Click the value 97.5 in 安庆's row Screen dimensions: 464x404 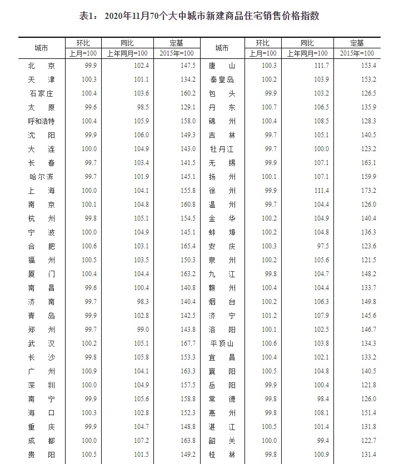point(308,246)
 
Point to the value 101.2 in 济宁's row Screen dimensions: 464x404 point(269,316)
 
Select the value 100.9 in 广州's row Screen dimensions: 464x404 point(89,371)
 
